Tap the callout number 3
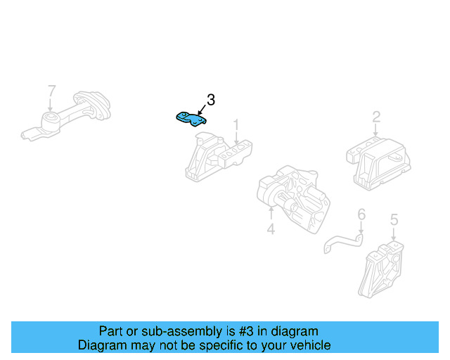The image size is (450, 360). (x=210, y=101)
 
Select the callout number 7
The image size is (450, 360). (x=51, y=91)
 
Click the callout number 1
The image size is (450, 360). (x=236, y=124)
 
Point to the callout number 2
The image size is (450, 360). (x=376, y=117)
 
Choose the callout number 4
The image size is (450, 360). (x=270, y=229)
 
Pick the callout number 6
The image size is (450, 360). (x=361, y=214)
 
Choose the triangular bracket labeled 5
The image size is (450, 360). (x=382, y=272)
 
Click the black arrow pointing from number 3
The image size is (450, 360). (x=201, y=110)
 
